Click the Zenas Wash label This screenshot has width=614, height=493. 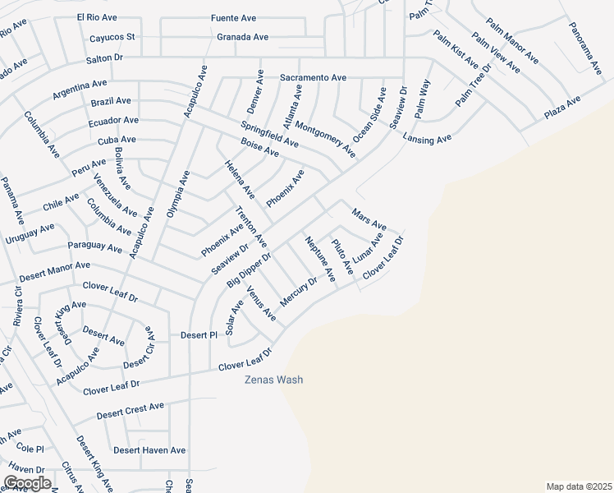click(x=274, y=380)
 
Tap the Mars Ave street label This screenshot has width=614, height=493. click(x=369, y=219)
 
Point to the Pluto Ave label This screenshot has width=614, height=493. click(x=342, y=256)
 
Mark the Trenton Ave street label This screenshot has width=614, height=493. click(x=251, y=228)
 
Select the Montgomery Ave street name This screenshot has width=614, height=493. click(x=325, y=139)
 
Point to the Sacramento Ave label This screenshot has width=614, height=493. click(x=313, y=77)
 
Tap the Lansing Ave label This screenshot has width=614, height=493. click(x=427, y=140)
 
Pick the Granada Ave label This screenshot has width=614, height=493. click(x=242, y=37)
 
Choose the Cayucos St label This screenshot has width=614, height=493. click(x=112, y=37)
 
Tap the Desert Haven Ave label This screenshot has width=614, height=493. click(x=149, y=450)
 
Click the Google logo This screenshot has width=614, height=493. click(x=26, y=483)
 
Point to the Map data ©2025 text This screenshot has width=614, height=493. click(x=579, y=486)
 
